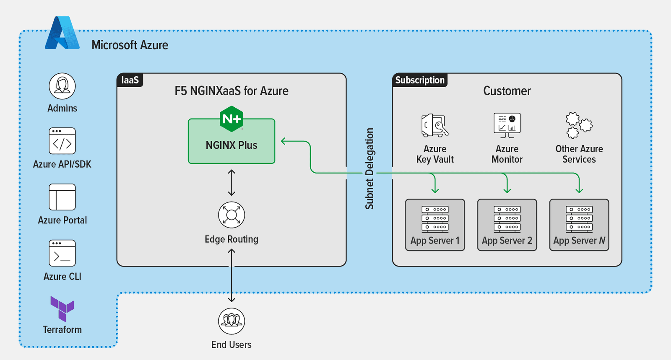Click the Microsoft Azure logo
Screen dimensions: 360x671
tap(62, 34)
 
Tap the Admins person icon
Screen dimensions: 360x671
tap(62, 86)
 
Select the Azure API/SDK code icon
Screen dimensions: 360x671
tap(62, 141)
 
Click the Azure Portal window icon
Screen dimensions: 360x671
tap(62, 197)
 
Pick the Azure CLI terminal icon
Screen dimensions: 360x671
tap(62, 253)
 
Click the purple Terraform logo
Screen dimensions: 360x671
tap(62, 308)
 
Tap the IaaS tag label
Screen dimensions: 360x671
tap(130, 80)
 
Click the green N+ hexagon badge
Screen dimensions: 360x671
tap(231, 119)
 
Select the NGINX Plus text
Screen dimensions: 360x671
tap(231, 145)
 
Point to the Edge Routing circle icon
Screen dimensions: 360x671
tap(231, 215)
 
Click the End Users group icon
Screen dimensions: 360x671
tap(231, 321)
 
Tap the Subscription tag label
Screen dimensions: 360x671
tap(420, 80)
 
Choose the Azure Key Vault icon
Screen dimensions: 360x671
tap(435, 125)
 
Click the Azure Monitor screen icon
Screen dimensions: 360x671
tap(507, 125)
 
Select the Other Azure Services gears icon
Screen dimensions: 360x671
tap(579, 125)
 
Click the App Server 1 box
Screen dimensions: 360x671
tap(435, 225)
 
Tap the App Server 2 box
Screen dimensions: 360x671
tap(507, 225)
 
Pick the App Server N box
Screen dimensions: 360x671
tap(579, 225)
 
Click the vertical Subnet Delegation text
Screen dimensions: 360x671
tap(369, 168)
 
